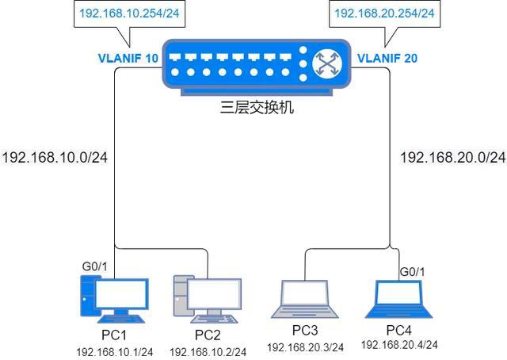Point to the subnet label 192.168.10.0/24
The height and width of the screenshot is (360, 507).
tap(55, 157)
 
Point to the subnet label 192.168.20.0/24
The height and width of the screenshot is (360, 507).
tap(452, 157)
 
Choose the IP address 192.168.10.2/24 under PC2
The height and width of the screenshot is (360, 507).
tap(208, 351)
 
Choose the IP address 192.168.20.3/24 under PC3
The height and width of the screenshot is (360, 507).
tap(305, 347)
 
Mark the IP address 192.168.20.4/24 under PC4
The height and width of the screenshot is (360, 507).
tap(399, 345)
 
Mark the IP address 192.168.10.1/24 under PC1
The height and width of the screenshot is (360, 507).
tap(114, 350)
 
